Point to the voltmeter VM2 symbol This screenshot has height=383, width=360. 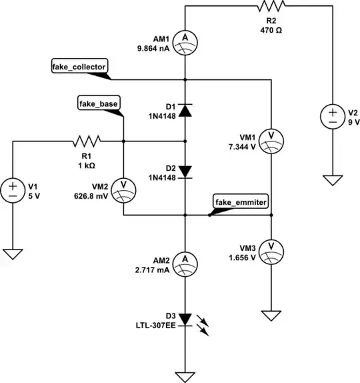tap(123, 189)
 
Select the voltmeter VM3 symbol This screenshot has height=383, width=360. tap(271, 248)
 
